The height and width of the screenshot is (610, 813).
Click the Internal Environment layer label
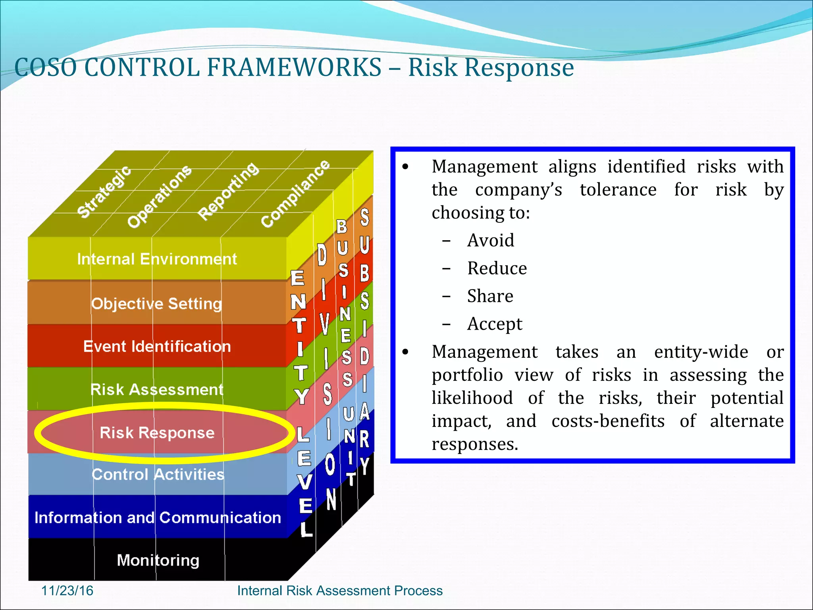click(x=157, y=259)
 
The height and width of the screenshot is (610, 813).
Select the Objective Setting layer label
click(x=156, y=304)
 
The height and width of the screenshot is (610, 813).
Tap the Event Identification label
click(x=157, y=347)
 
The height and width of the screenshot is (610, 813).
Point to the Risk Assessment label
click(x=157, y=390)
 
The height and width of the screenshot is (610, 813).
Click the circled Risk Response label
click(x=157, y=433)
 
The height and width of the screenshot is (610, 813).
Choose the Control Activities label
click(x=158, y=475)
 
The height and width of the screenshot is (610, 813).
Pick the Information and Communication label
click(x=158, y=518)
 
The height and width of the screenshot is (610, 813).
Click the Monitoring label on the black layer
click(x=158, y=560)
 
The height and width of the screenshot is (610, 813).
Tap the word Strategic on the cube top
click(x=104, y=191)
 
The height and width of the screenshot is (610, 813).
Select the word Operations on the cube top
click(x=159, y=196)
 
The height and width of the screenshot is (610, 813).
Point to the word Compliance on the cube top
click(x=295, y=193)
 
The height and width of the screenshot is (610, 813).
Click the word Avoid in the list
click(x=491, y=241)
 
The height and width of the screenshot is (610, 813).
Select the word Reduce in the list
click(x=497, y=268)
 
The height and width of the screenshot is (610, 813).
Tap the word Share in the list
click(x=490, y=296)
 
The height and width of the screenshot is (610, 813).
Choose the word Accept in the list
click(x=495, y=324)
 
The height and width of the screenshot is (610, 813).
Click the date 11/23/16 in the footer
click(x=67, y=591)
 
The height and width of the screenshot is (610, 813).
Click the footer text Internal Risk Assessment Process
click(x=340, y=591)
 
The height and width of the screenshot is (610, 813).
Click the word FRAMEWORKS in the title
click(x=294, y=67)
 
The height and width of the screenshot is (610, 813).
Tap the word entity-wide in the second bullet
click(x=701, y=352)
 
